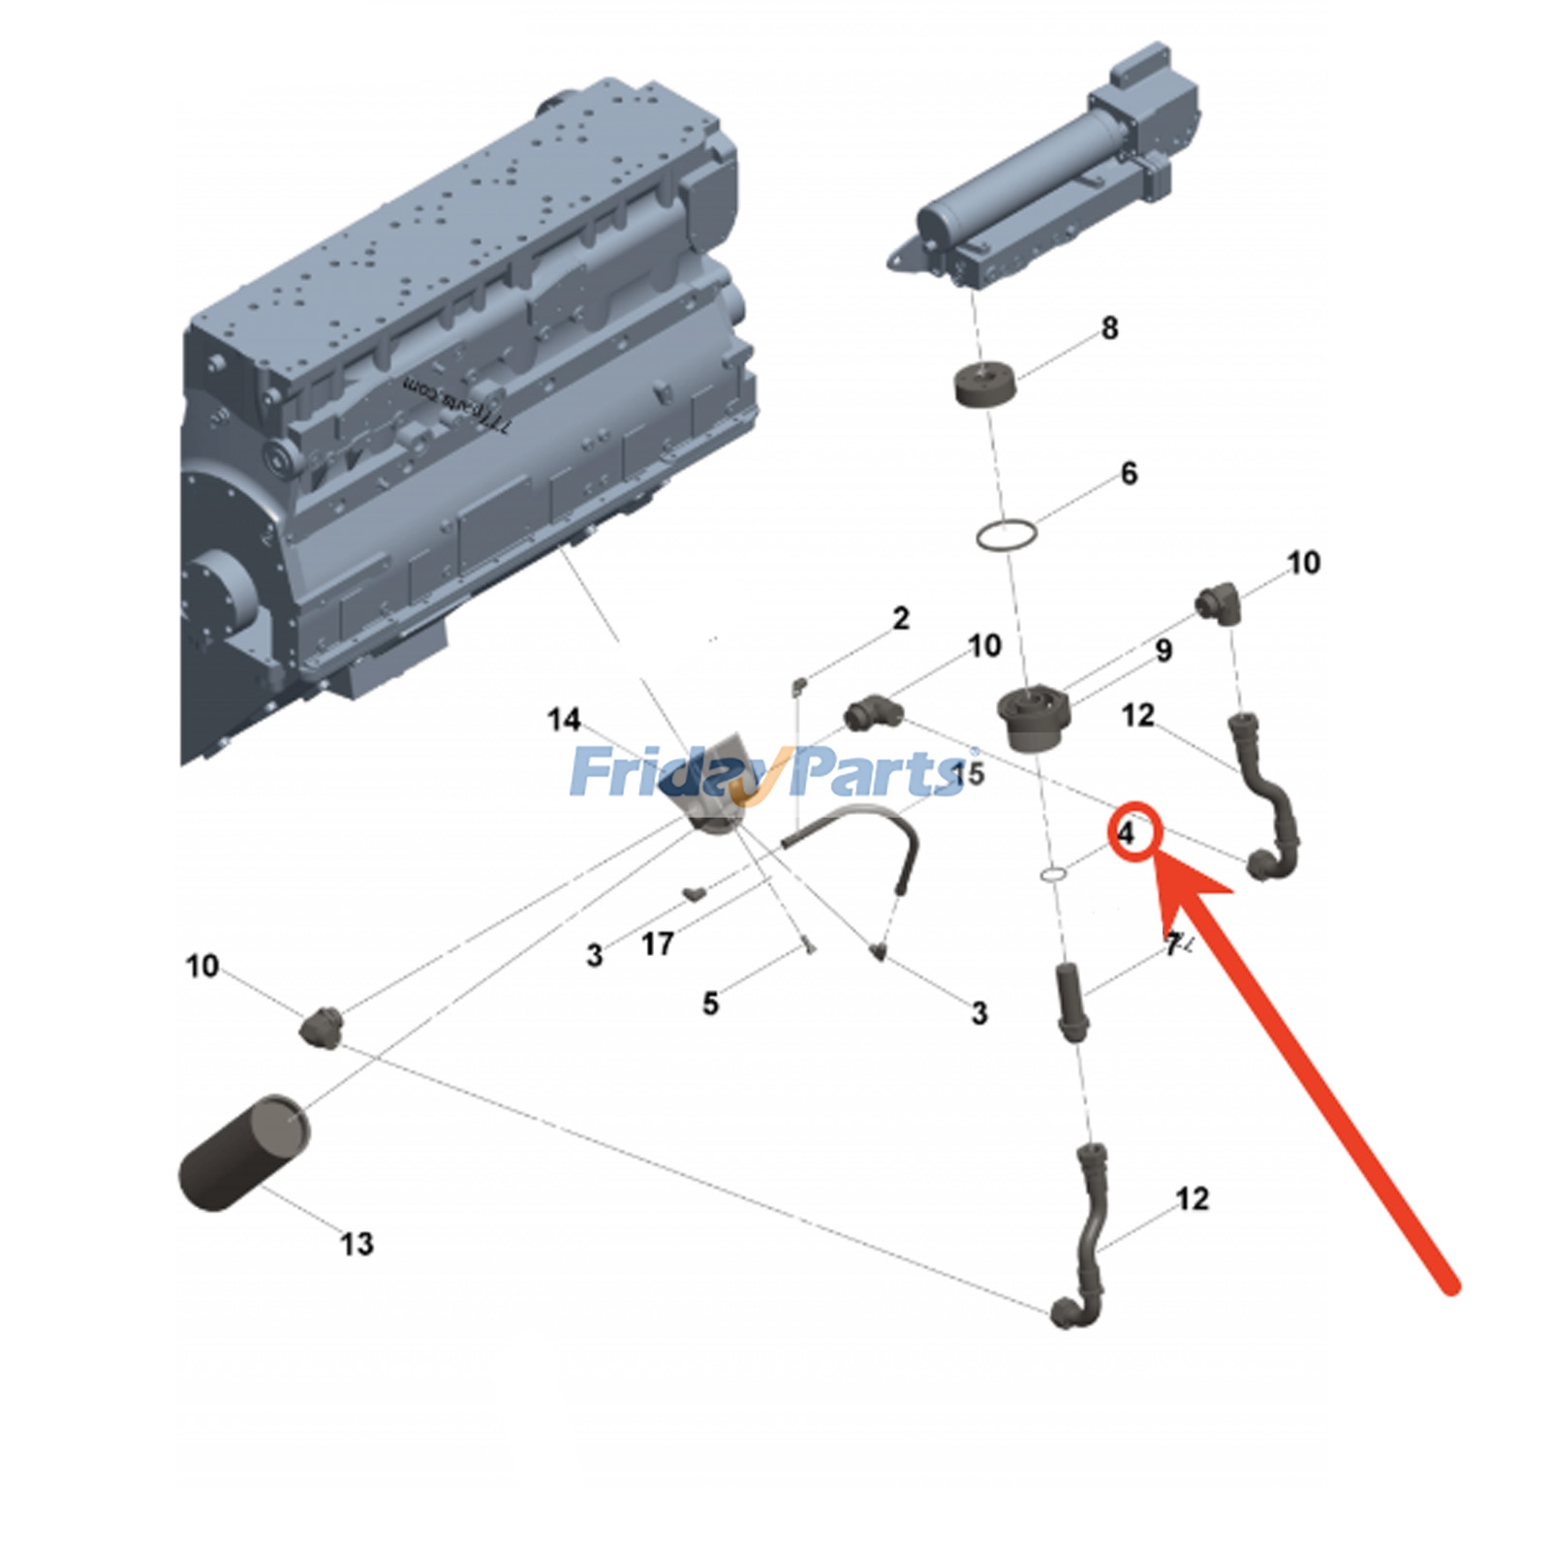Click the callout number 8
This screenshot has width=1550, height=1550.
[x=1109, y=328]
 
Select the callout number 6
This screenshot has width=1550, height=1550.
[x=1129, y=474]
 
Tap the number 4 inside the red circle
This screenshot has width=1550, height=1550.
[x=1126, y=832]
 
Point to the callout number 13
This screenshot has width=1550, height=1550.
[x=356, y=1243]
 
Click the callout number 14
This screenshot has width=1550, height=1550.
[x=564, y=720]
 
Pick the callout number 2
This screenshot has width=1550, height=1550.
[x=901, y=618]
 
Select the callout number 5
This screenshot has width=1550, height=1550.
[x=710, y=1004]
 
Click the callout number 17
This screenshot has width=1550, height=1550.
[x=657, y=944]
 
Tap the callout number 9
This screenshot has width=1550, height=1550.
[x=1163, y=650]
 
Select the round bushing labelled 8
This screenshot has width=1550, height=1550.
[x=986, y=385]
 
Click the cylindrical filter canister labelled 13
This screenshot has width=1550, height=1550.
[x=244, y=1152]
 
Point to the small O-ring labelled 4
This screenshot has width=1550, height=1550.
[x=1054, y=876]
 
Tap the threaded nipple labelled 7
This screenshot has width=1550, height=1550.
[x=1071, y=1002]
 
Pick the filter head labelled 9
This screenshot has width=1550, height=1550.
[x=1033, y=718]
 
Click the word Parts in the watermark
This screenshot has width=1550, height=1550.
[x=877, y=773]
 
